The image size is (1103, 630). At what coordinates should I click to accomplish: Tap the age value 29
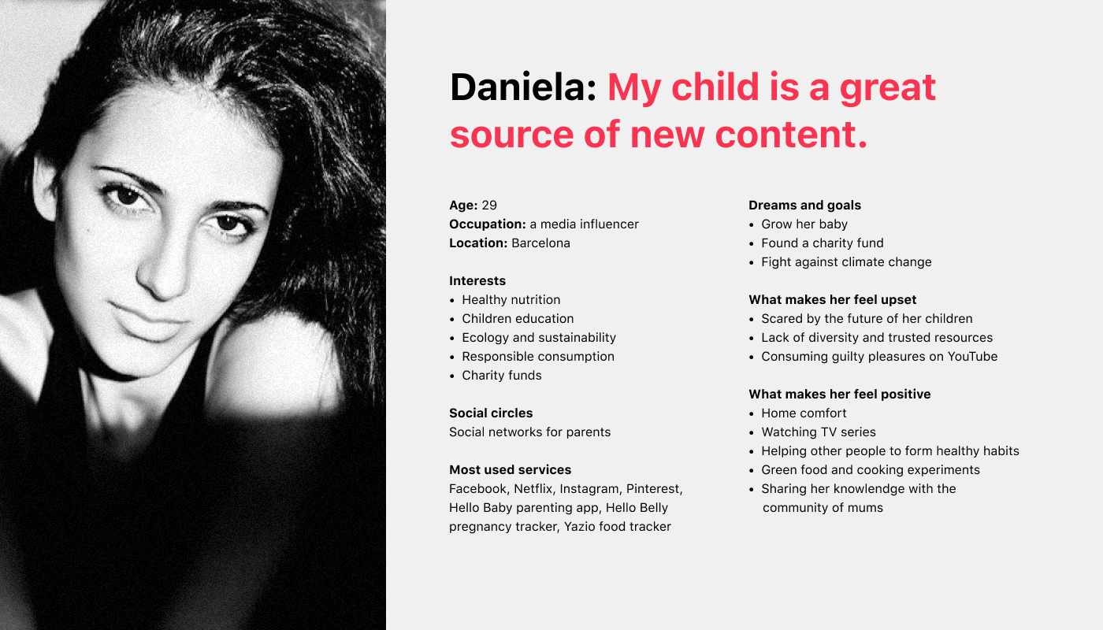coord(489,206)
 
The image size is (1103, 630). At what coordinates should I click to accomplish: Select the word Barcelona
coord(540,243)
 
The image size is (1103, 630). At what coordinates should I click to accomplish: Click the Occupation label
coord(488,224)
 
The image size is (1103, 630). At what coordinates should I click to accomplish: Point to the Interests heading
coord(477,281)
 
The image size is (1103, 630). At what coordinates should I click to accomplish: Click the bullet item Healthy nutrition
coord(511,300)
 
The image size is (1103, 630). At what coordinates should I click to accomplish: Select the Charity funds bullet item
coord(502,376)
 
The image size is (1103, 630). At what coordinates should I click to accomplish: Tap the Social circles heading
coord(491,413)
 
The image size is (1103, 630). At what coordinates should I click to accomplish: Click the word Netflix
coord(534,489)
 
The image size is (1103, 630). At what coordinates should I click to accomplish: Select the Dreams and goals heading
coord(804,206)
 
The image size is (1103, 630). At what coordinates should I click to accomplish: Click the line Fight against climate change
coord(846,262)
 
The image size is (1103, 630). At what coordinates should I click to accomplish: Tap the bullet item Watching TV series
coord(819,432)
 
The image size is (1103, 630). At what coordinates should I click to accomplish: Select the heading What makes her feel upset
coord(832,300)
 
